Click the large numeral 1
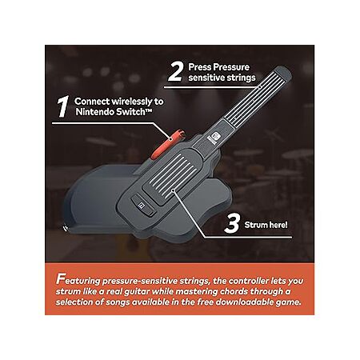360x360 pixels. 63,106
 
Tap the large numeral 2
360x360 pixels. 175,72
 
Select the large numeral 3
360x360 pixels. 232,224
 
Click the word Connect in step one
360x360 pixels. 92,102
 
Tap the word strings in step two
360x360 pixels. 241,78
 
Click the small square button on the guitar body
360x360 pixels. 142,205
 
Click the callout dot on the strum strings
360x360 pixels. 174,190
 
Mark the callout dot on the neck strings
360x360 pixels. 259,87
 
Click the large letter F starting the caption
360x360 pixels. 60,279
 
